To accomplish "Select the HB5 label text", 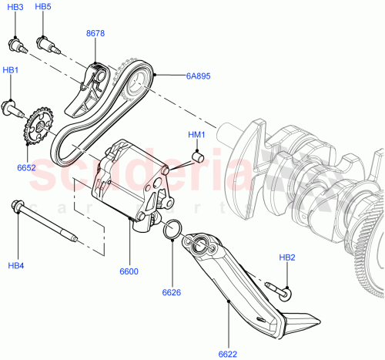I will (x=43, y=7).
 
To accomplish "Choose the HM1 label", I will (x=197, y=136).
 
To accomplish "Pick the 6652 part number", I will (x=26, y=167).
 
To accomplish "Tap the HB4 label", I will (x=16, y=266).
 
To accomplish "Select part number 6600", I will (x=129, y=271).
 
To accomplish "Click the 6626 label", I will (x=171, y=292).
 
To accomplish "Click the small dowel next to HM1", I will (x=196, y=159).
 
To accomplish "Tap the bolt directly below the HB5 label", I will (x=50, y=44).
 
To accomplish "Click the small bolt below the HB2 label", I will (x=280, y=290).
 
